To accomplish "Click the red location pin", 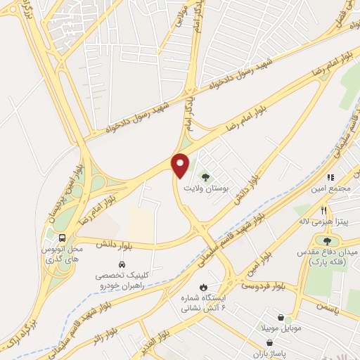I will click(x=181, y=165).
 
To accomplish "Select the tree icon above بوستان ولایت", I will click(x=206, y=177).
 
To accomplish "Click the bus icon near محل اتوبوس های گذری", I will click(x=63, y=238).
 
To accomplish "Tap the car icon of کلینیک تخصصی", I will click(x=122, y=265).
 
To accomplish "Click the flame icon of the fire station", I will click(x=203, y=287).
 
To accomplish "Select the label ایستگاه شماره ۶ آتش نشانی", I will click(x=205, y=303).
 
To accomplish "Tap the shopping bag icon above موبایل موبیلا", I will click(x=281, y=318).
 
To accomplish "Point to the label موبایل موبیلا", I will click(x=281, y=329).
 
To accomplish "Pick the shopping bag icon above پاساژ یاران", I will click(x=261, y=343).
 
